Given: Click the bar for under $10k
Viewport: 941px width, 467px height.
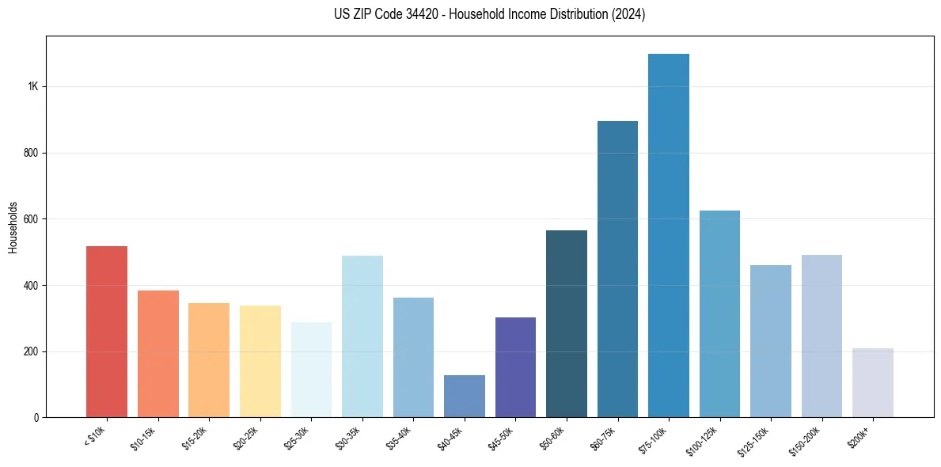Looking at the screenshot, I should coord(107,332).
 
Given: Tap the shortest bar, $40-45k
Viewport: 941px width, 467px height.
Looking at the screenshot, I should coord(465,396).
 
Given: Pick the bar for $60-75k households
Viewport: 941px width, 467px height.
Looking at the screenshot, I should coord(617,269).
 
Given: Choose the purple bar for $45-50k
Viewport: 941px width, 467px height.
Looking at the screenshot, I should coord(515,367).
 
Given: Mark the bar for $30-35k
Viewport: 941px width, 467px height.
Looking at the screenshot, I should coord(362,336).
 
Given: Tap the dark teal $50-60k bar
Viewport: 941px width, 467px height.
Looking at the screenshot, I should coord(567,324).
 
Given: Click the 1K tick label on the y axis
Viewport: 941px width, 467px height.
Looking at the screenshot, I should coord(32,86).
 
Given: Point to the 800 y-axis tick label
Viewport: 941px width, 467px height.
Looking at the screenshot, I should coord(31,153).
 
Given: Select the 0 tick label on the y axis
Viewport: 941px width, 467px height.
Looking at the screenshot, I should coord(36,417).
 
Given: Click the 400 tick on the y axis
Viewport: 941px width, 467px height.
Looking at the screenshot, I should coord(31,285).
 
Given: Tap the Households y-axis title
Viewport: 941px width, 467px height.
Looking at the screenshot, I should coord(13,226).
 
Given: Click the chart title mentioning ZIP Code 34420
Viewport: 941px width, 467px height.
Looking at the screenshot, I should coord(490,14).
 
